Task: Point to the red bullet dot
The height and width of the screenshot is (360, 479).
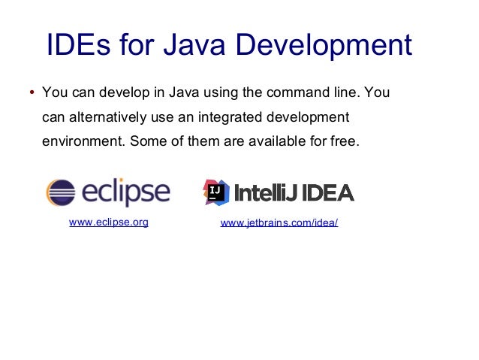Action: (31, 94)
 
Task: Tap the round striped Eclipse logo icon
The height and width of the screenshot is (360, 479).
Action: (60, 192)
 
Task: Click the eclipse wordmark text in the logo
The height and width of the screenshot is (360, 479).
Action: (125, 192)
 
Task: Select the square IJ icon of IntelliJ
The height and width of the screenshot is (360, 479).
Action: (217, 192)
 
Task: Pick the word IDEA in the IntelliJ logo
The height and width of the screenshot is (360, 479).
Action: (324, 193)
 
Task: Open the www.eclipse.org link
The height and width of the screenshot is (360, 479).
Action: (108, 222)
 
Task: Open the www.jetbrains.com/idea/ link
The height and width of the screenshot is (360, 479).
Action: (279, 224)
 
